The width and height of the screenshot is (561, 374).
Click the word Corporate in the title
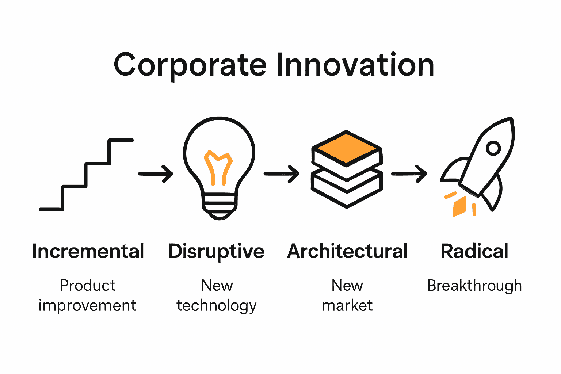tap(190, 65)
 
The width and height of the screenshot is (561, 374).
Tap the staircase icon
tap(86, 175)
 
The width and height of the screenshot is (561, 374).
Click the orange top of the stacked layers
tap(346, 148)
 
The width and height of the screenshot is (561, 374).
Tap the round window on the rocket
tap(493, 148)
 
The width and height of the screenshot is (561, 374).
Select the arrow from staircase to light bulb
tap(156, 174)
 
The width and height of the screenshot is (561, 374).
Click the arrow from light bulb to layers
tap(282, 174)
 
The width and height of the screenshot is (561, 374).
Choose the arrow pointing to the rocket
tap(409, 174)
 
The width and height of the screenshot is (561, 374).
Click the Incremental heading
tap(88, 252)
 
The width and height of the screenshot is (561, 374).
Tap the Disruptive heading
tap(216, 252)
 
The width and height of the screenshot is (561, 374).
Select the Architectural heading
tap(347, 252)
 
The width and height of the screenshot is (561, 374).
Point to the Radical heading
tap(474, 252)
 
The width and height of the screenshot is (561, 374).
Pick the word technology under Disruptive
tap(216, 306)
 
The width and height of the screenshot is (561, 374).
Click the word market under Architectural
tap(347, 306)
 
